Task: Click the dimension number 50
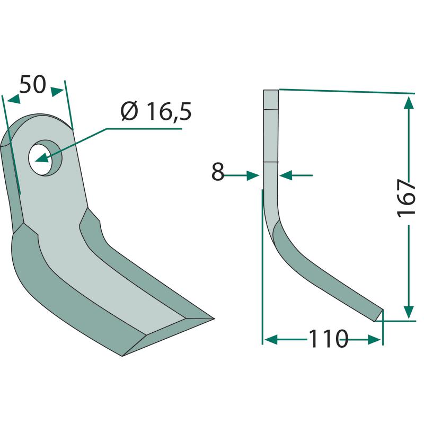pos(33,84)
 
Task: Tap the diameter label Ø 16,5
pos(156,111)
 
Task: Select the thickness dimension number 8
pos(218,171)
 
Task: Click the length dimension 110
pos(328,339)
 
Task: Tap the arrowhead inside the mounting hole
pos(41,158)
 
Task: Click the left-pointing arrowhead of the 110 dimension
pos(271,339)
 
